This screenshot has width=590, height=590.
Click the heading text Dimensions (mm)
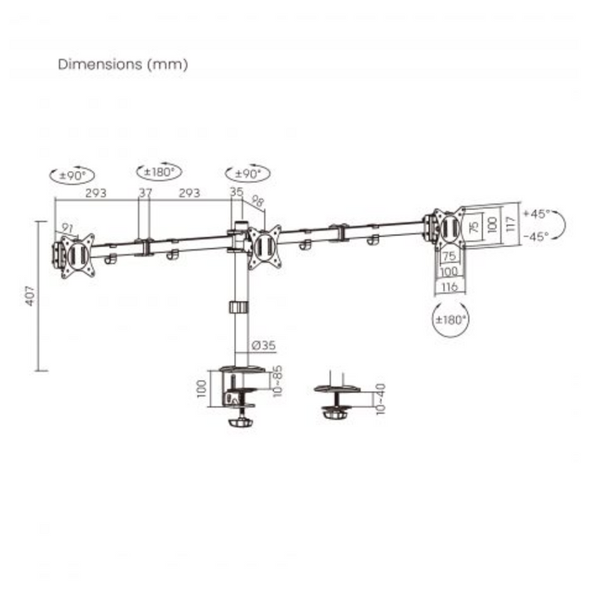point(123,64)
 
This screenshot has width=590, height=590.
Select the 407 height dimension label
point(30,295)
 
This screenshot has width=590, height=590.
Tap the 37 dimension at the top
point(145,192)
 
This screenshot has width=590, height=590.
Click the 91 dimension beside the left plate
point(67,228)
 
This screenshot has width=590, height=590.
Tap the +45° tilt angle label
point(536,213)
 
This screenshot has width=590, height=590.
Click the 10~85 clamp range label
point(278,381)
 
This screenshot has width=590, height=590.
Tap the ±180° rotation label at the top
point(158,171)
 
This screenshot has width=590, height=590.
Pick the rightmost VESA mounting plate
point(447,227)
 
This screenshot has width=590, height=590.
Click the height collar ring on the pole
point(239,307)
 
